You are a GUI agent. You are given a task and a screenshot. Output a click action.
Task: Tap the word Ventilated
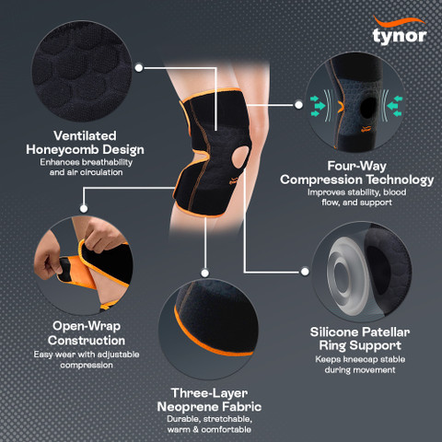coord(85,135)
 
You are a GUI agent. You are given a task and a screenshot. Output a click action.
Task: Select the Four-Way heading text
coord(356,166)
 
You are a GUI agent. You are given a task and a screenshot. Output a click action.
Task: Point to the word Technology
coord(400,180)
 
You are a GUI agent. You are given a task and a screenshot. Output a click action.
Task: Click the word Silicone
coord(334,332)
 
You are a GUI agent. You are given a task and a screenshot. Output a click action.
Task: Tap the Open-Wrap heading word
coord(87,326)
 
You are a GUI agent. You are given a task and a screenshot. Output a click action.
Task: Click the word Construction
coord(87,341)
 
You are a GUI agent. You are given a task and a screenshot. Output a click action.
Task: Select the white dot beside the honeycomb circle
coord(139,68)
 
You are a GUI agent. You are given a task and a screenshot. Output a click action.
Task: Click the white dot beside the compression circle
coord(298,105)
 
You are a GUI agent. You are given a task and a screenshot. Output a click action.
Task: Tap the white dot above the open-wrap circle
coord(84,209)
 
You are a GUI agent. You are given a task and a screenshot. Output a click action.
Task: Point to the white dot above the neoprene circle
coord(205,273)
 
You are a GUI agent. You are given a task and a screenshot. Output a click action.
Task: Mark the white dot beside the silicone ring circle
coord(305,272)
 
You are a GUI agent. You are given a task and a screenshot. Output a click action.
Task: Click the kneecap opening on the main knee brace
coord(240,157)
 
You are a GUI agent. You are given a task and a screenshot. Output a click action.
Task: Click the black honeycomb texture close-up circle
coord(82,71)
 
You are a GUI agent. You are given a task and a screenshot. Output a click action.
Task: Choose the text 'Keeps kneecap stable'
coord(360,359)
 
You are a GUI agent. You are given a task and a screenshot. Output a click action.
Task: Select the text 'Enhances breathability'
coord(87,162)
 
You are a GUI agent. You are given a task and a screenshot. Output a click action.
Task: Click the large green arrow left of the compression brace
coord(320,106)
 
